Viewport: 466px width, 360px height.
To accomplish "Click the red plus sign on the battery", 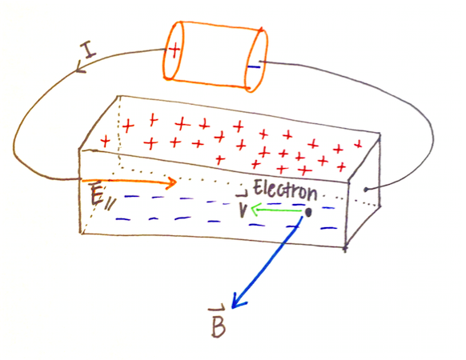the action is (175, 50).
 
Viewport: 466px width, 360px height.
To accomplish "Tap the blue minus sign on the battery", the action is (254, 67).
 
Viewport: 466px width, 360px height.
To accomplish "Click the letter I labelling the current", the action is (88, 50).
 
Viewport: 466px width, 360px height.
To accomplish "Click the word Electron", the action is (285, 190).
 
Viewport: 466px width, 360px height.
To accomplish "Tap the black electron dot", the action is (308, 212).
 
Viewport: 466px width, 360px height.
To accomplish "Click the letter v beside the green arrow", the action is (243, 210).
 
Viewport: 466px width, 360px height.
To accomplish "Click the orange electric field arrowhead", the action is (172, 182).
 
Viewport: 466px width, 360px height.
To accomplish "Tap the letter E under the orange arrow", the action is (97, 195).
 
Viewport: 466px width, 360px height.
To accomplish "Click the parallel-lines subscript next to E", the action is (110, 204).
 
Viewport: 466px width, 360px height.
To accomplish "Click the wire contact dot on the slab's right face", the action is (366, 190).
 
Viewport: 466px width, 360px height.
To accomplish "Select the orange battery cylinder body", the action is (215, 56).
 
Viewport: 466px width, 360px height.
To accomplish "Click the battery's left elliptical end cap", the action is (173, 50).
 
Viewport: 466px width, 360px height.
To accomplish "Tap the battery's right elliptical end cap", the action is (255, 60).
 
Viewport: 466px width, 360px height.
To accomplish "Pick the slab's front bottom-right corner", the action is (345, 247).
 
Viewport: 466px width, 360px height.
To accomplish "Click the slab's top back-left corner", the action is (119, 96).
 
